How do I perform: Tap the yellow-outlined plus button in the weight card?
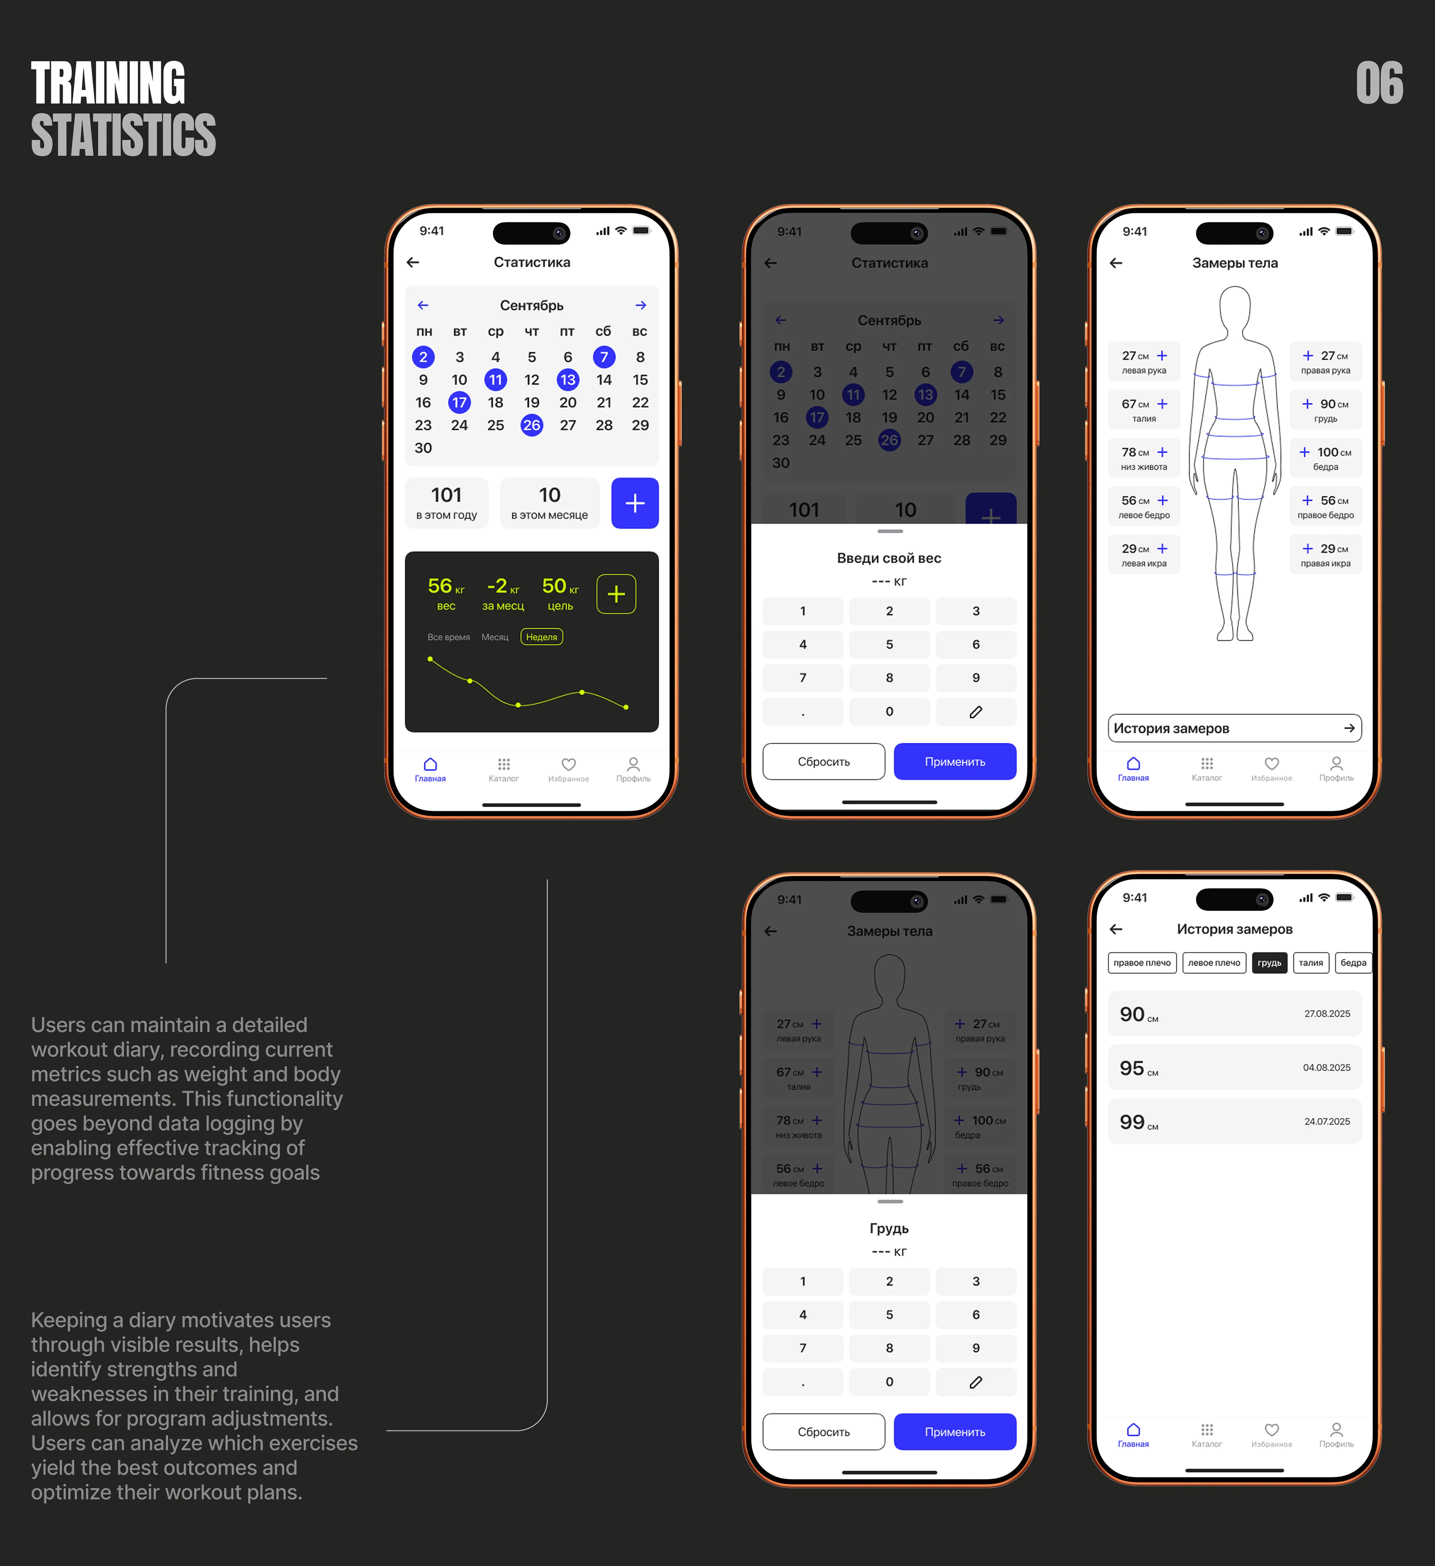(616, 594)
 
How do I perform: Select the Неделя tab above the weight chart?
(541, 637)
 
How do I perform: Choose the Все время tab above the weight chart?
(448, 637)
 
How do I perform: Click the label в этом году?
(447, 515)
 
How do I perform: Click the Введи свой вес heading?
(889, 558)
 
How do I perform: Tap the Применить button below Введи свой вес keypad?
(954, 761)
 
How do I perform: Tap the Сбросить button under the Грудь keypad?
(824, 1431)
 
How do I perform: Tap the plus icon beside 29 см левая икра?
(1162, 549)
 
